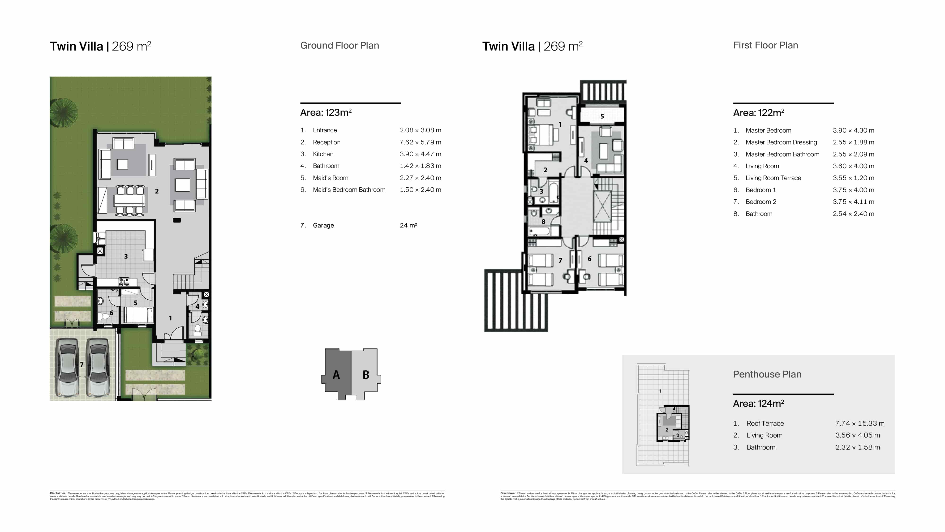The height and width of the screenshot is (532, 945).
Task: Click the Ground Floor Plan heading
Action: coord(339,46)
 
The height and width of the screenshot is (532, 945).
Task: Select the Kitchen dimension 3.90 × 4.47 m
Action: coord(420,154)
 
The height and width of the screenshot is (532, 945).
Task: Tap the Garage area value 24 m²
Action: coord(408,225)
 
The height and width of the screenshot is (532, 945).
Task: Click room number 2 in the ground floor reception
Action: coord(157,191)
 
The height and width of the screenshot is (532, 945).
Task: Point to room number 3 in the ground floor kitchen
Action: coord(126,257)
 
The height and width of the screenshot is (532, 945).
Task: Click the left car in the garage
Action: coord(67,367)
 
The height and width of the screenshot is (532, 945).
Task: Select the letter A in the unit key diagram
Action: coord(336,375)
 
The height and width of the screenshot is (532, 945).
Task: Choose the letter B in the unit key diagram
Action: coord(366,375)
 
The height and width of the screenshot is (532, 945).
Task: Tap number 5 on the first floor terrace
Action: coord(602,116)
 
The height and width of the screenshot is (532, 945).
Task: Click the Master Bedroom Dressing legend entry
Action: coord(781,142)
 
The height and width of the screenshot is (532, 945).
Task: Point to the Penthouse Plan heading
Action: coord(767,374)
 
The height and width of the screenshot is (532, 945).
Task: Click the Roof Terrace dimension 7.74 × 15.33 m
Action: coord(859,423)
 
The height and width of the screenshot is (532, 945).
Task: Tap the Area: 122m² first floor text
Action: coord(758,113)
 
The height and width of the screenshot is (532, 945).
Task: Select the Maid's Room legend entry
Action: coord(330,178)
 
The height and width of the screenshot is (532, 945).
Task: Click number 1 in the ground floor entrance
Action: coord(170,318)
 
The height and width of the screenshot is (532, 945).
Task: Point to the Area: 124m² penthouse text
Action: coord(758,403)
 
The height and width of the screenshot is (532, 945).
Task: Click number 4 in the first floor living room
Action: coord(586,161)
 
